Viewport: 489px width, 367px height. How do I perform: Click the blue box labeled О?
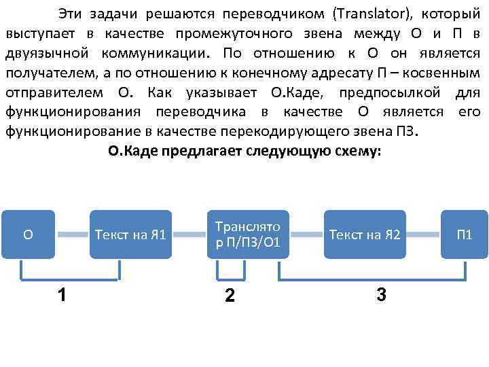tap(28, 235)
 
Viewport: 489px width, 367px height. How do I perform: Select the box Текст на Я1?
tap(131, 235)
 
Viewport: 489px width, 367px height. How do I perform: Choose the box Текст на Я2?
tap(365, 235)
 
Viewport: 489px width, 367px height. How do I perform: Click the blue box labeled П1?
tap(465, 235)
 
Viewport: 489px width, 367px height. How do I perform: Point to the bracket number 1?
tap(62, 294)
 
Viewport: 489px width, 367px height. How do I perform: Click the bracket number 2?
tap(230, 296)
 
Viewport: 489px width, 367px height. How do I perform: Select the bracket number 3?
tap(381, 294)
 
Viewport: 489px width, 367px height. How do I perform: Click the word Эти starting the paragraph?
tap(71, 14)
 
